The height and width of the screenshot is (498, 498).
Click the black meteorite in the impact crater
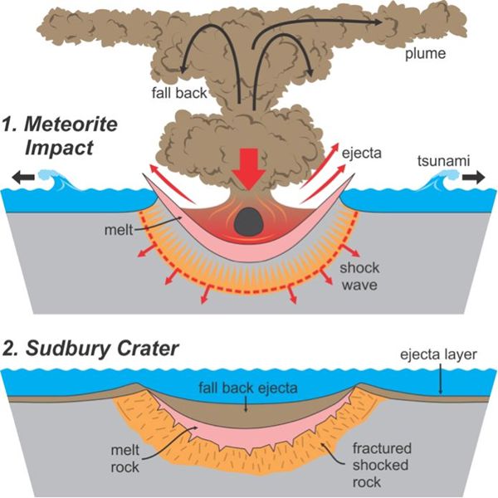(x=247, y=222)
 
